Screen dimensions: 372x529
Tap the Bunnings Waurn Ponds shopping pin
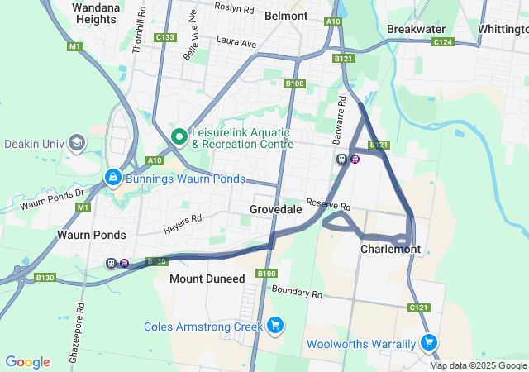[113, 178]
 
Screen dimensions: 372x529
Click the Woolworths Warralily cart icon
[428, 342]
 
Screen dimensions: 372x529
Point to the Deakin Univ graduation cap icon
[77, 143]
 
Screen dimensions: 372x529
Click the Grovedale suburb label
[275, 210]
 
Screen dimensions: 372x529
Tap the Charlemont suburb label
[390, 249]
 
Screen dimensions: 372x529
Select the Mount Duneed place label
[207, 279]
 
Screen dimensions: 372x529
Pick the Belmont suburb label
[286, 16]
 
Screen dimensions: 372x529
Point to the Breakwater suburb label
[416, 29]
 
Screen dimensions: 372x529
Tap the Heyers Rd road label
[183, 220]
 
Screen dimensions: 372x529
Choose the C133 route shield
[164, 37]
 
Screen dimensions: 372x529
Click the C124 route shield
[442, 41]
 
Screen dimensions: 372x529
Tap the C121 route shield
[419, 308]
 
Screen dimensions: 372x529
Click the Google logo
[28, 362]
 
